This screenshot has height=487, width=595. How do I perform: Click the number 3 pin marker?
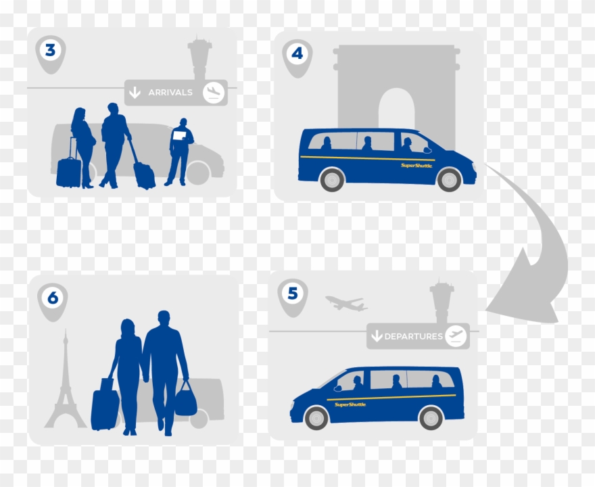click(50, 51)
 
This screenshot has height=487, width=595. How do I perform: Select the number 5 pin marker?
click(292, 295)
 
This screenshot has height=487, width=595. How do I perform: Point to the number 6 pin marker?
click(53, 299)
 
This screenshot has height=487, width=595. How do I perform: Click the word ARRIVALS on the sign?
click(170, 93)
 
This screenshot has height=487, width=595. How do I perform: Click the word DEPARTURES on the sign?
click(413, 336)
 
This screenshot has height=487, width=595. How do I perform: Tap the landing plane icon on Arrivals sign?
click(214, 92)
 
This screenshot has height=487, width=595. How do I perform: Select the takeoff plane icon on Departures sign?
click(456, 335)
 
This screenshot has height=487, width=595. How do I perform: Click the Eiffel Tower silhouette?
click(66, 386)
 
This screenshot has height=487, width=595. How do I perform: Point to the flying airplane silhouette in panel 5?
click(346, 304)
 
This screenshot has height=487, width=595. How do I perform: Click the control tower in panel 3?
click(200, 57)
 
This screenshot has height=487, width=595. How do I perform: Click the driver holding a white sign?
click(180, 152)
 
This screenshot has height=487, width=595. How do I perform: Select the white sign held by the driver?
click(180, 135)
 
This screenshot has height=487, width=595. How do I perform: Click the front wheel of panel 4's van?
click(449, 179)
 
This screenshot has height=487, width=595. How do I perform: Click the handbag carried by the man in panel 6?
click(185, 402)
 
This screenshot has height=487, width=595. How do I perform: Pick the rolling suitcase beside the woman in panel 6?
click(105, 408)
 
